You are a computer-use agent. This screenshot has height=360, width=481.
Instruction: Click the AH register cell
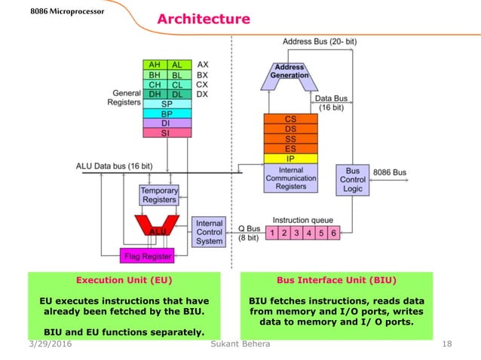click(x=155, y=65)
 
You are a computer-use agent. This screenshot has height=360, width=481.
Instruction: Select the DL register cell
click(x=178, y=94)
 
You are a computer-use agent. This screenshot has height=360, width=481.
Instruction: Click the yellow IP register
click(x=290, y=159)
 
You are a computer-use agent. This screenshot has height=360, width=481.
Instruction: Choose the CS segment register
click(x=290, y=119)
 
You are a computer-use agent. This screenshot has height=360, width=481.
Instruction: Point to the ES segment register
click(x=290, y=148)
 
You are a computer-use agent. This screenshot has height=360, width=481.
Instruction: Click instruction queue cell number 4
click(x=309, y=232)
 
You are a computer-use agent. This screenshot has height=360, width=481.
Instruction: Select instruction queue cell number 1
click(x=272, y=232)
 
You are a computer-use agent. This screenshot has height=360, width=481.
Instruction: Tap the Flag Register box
click(x=148, y=256)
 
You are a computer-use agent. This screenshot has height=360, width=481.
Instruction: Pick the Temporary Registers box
click(x=158, y=195)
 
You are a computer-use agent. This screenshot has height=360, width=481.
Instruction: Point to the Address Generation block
click(x=290, y=72)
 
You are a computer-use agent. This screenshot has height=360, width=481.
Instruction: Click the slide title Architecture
click(x=203, y=19)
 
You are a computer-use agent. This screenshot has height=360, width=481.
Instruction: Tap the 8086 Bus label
click(x=390, y=172)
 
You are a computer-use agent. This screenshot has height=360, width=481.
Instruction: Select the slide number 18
click(x=446, y=344)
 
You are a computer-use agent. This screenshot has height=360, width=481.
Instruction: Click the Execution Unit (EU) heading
click(x=124, y=279)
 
